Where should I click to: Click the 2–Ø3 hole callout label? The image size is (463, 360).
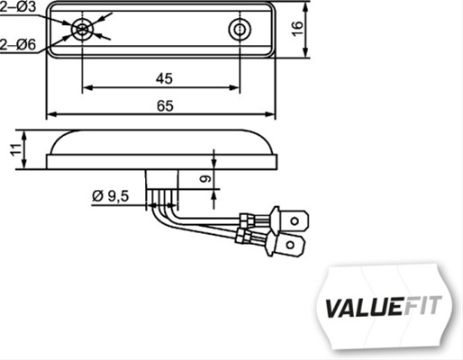[18, 7]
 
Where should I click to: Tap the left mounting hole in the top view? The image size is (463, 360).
[83, 30]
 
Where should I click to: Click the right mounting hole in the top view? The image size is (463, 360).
[239, 30]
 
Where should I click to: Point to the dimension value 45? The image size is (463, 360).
[163, 77]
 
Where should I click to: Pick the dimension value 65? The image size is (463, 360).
[164, 105]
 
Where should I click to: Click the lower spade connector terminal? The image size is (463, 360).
[291, 244]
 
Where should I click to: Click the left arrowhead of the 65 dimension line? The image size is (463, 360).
[51, 115]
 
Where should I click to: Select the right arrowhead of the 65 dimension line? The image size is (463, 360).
[272, 115]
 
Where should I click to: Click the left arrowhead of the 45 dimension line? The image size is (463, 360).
[87, 87]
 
